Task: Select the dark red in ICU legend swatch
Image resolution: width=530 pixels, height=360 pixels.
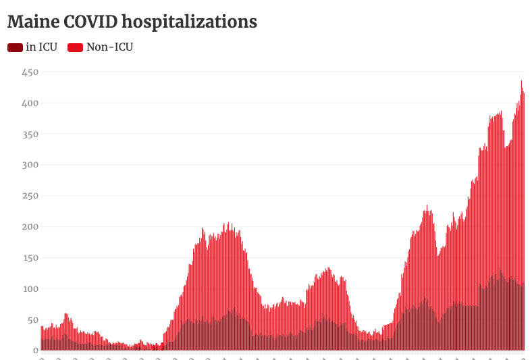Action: pos(15,47)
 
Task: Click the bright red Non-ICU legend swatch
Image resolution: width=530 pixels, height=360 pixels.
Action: pos(75,47)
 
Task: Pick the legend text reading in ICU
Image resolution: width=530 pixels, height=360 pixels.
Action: pos(42,47)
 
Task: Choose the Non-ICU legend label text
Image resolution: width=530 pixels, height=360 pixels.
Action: pos(109,47)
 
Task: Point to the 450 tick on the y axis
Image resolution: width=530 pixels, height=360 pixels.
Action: pos(30,72)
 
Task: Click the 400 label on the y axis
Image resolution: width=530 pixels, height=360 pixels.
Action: pos(30,103)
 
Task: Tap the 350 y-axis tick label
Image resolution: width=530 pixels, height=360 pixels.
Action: pos(30,134)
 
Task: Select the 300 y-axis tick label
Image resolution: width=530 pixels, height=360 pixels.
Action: pos(30,165)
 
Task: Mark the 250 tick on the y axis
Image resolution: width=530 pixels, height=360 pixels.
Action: pos(30,196)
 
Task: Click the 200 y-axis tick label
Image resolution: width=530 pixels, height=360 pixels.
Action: pos(30,227)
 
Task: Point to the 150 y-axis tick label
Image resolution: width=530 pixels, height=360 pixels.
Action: pos(30,258)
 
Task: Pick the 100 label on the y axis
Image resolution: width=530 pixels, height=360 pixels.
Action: pos(30,289)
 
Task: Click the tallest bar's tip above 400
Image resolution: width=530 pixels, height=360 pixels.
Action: pos(521,82)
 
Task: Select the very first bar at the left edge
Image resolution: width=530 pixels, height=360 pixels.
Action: pos(41,338)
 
